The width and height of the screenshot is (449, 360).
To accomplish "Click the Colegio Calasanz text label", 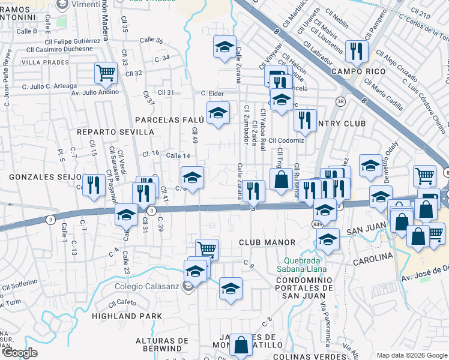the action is tap(147, 286).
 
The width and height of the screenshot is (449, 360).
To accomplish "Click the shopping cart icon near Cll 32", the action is tap(106, 73).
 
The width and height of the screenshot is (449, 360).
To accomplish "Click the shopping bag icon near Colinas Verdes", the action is tap(241, 345).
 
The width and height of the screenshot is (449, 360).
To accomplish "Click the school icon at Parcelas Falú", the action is tap(218, 112).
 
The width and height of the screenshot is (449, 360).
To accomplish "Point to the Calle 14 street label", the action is tap(178, 156).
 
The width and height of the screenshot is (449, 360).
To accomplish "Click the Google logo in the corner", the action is tap(21, 353).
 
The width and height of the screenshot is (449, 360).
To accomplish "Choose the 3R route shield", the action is tap(340, 101).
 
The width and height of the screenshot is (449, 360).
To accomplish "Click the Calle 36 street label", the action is tap(151, 40).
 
